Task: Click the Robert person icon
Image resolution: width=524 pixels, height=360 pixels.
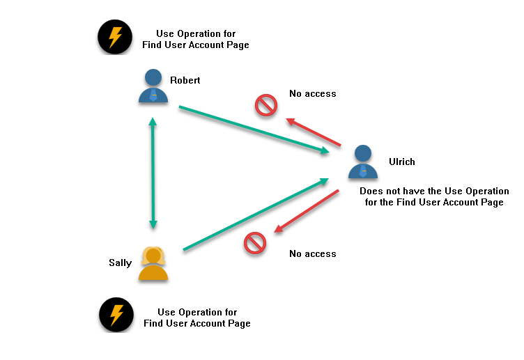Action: point(153,86)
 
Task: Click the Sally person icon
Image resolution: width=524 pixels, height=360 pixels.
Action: point(153,264)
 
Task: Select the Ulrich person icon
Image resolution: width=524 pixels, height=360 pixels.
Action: point(362,162)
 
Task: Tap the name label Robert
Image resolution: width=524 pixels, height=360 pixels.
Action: point(185,80)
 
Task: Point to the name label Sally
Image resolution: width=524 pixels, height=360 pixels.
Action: point(120,263)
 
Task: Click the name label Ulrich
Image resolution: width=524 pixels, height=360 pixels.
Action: point(402,162)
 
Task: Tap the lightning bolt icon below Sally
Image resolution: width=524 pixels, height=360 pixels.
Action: point(116,315)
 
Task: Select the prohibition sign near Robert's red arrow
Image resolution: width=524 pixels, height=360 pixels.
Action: point(265,105)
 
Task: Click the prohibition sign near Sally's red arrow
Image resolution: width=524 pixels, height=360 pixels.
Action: point(255,243)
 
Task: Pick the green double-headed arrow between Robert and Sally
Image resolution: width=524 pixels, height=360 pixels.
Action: point(153,174)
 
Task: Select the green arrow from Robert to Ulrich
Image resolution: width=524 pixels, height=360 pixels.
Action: point(254,129)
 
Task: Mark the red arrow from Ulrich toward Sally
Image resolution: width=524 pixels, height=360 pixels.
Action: point(307,210)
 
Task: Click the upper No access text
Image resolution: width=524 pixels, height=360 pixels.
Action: point(313,93)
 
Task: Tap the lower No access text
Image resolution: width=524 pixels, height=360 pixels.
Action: point(313,253)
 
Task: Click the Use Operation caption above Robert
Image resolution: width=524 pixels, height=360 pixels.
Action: point(195,39)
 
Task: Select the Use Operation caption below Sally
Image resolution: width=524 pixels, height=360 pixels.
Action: point(197,318)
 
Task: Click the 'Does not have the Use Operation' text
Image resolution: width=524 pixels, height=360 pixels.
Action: point(434,196)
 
